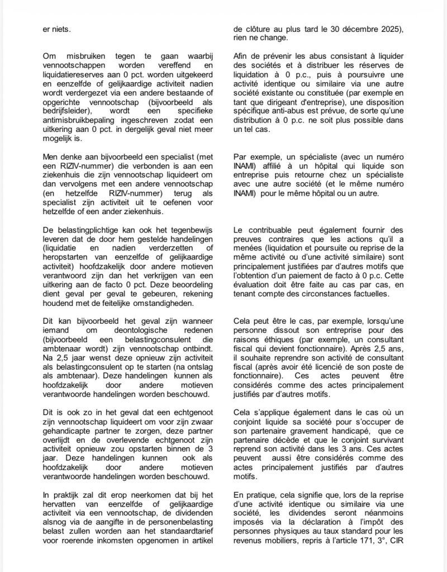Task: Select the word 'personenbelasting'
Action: click(x=153, y=523)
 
